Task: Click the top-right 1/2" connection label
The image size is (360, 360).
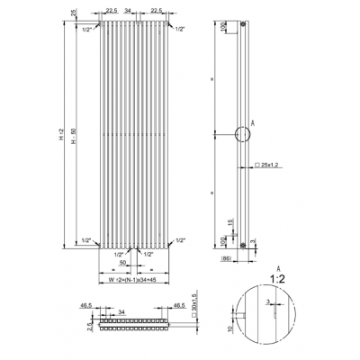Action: [181, 31]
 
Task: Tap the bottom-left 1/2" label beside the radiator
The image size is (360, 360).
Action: [84, 241]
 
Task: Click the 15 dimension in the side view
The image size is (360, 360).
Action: [230, 221]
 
